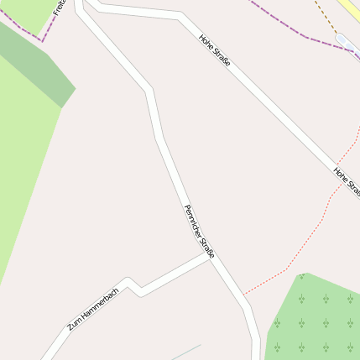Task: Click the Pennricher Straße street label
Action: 200,232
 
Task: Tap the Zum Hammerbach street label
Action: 92,308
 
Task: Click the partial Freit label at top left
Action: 59,9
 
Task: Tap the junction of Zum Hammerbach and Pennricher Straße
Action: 211,258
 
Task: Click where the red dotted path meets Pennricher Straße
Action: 243,295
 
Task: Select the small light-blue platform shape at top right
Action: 346,41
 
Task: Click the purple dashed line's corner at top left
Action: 39,39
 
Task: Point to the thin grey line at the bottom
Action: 185,352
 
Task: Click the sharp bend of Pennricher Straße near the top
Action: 149,89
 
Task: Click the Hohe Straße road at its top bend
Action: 179,16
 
